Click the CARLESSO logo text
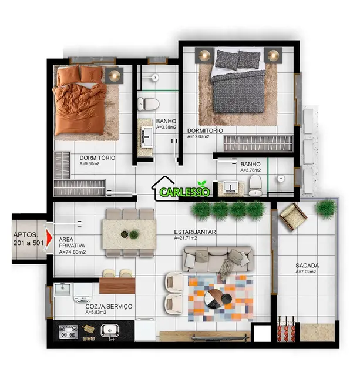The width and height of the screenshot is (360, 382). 182,192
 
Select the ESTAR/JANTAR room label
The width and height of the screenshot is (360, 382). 195,232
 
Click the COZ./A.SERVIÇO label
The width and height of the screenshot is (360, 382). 109,306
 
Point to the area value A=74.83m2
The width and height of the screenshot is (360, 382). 72,252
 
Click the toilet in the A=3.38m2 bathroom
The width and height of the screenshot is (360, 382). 148,104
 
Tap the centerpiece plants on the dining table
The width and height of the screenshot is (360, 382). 129,234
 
